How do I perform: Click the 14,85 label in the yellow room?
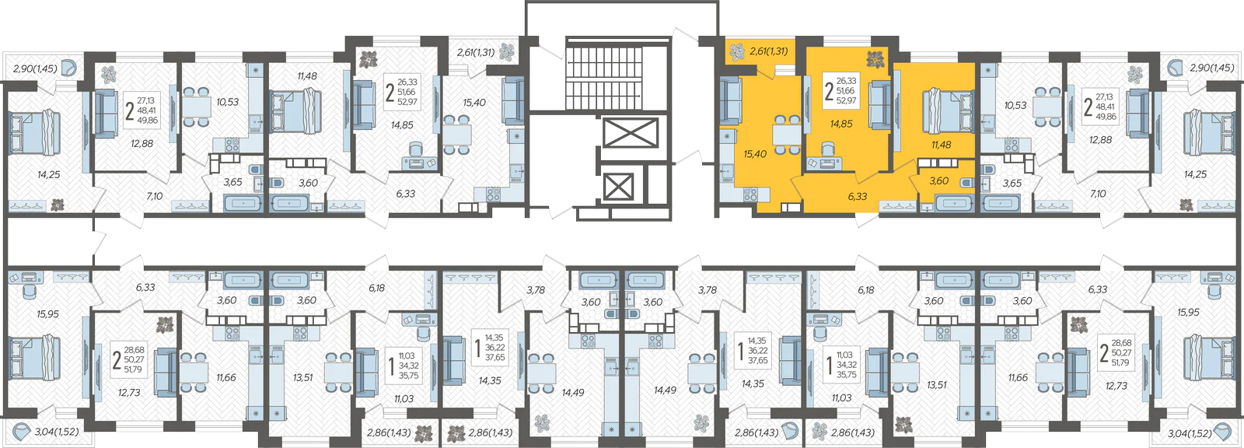coord(841,124)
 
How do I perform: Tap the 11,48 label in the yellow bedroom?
coord(942,145)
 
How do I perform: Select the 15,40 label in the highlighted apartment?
coord(755,154)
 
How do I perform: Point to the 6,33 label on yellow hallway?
coord(858,196)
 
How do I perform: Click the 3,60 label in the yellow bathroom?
coord(939,180)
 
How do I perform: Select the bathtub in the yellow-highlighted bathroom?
coord(955,202)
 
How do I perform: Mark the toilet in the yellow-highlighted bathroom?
coord(967,182)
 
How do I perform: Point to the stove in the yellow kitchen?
coord(750,194)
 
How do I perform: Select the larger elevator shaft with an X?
coord(630,134)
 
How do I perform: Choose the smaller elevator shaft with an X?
coord(618,187)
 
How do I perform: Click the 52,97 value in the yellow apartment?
coord(847,100)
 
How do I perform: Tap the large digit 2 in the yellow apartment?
coord(829,90)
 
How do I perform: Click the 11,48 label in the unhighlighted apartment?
coord(307,75)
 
